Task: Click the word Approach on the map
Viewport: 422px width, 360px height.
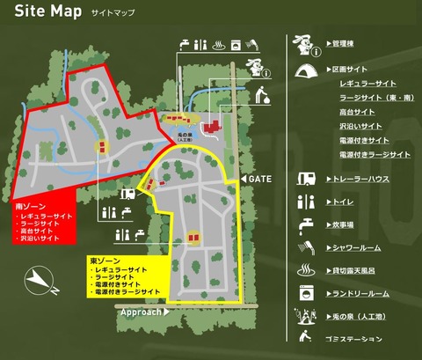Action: click(141, 312)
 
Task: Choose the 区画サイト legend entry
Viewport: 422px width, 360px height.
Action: click(350, 69)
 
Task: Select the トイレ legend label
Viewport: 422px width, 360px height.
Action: click(343, 202)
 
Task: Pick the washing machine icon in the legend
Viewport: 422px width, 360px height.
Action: click(306, 291)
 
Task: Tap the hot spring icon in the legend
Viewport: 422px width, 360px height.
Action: click(306, 268)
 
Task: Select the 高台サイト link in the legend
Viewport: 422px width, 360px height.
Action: click(357, 112)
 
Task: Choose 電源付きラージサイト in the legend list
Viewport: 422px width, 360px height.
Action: click(375, 154)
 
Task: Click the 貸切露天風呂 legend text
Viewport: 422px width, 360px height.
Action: click(355, 269)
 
